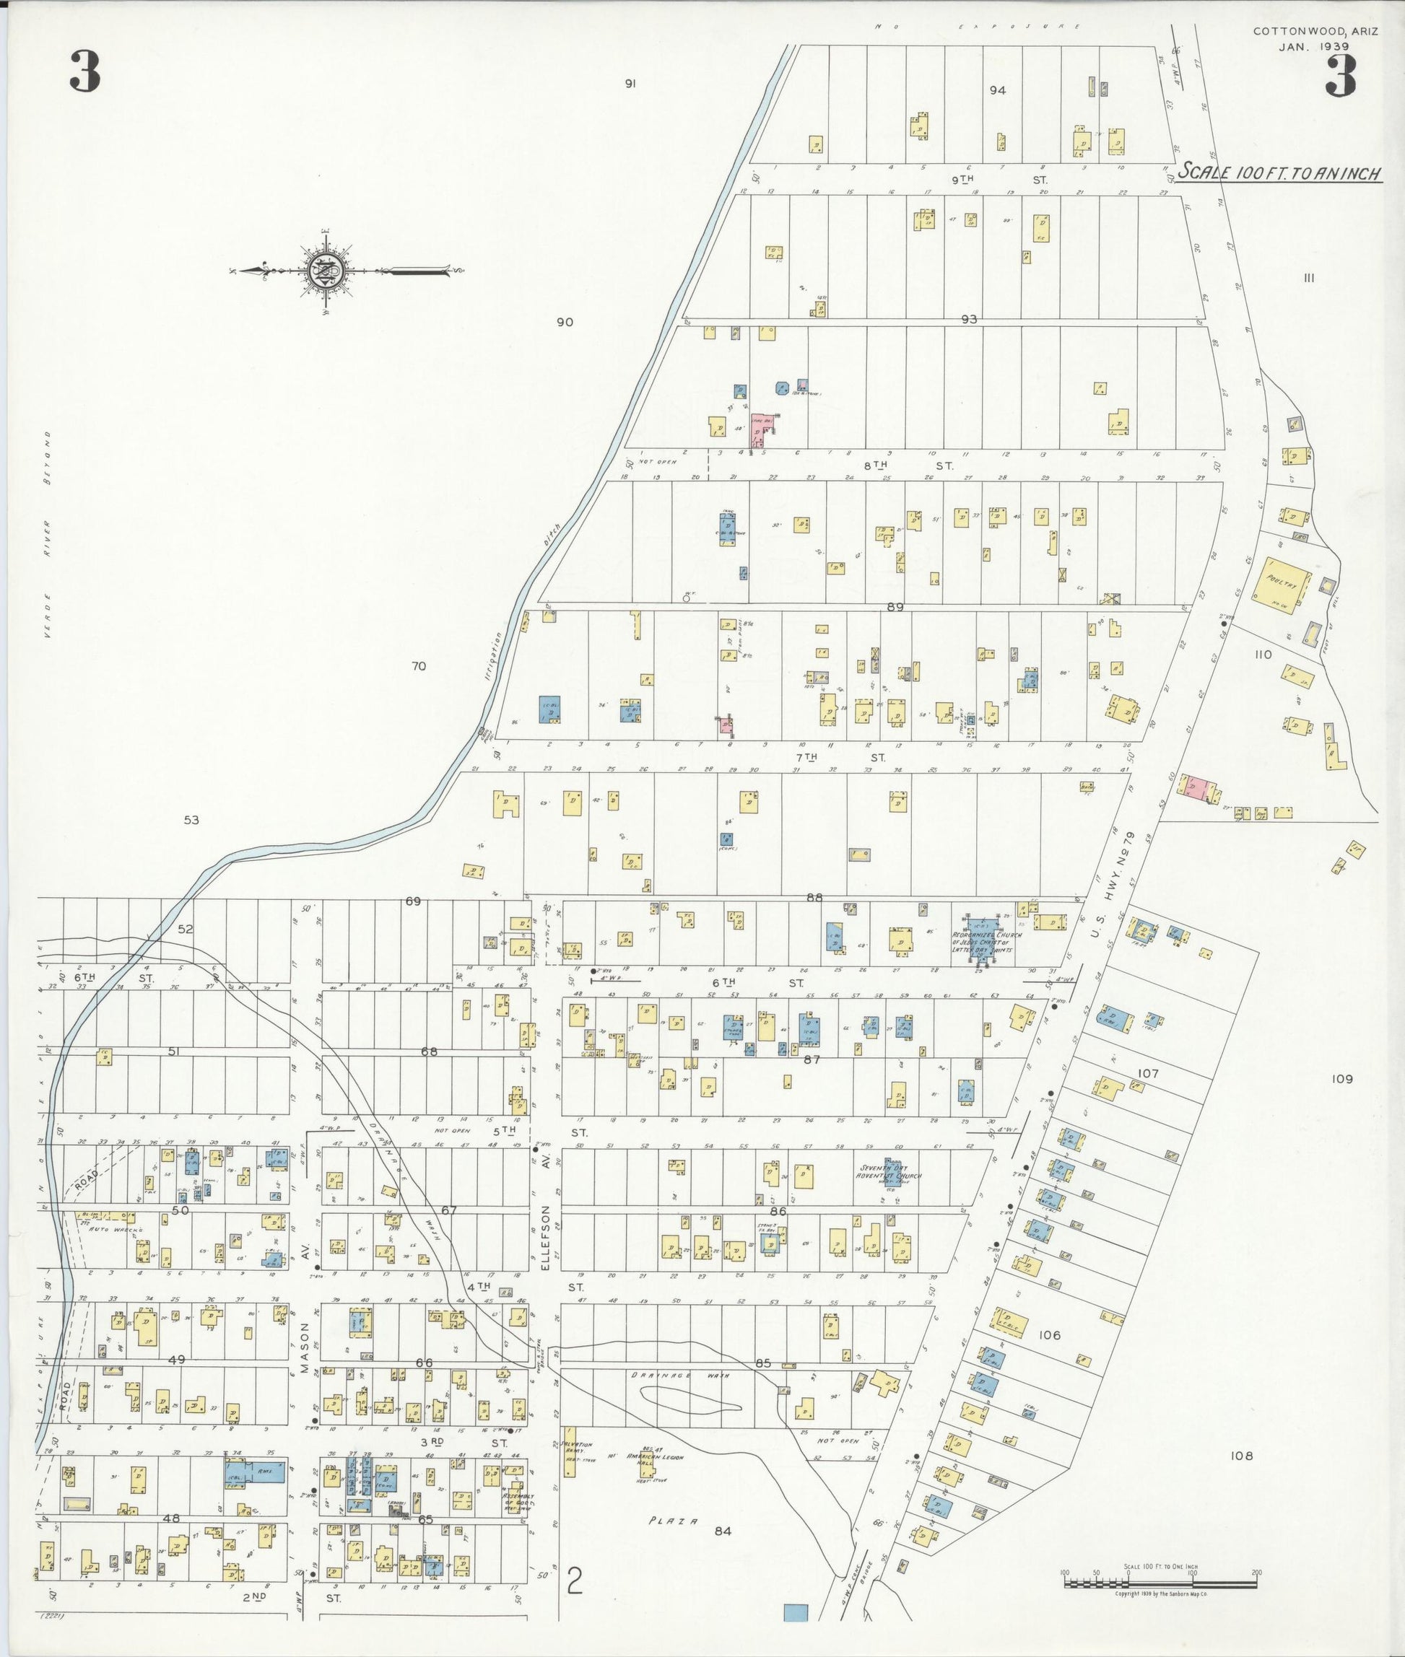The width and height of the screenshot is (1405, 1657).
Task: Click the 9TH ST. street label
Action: [999, 180]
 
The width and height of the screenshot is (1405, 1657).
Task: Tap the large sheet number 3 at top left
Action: [84, 71]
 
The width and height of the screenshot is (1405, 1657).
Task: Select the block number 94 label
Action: [997, 90]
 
